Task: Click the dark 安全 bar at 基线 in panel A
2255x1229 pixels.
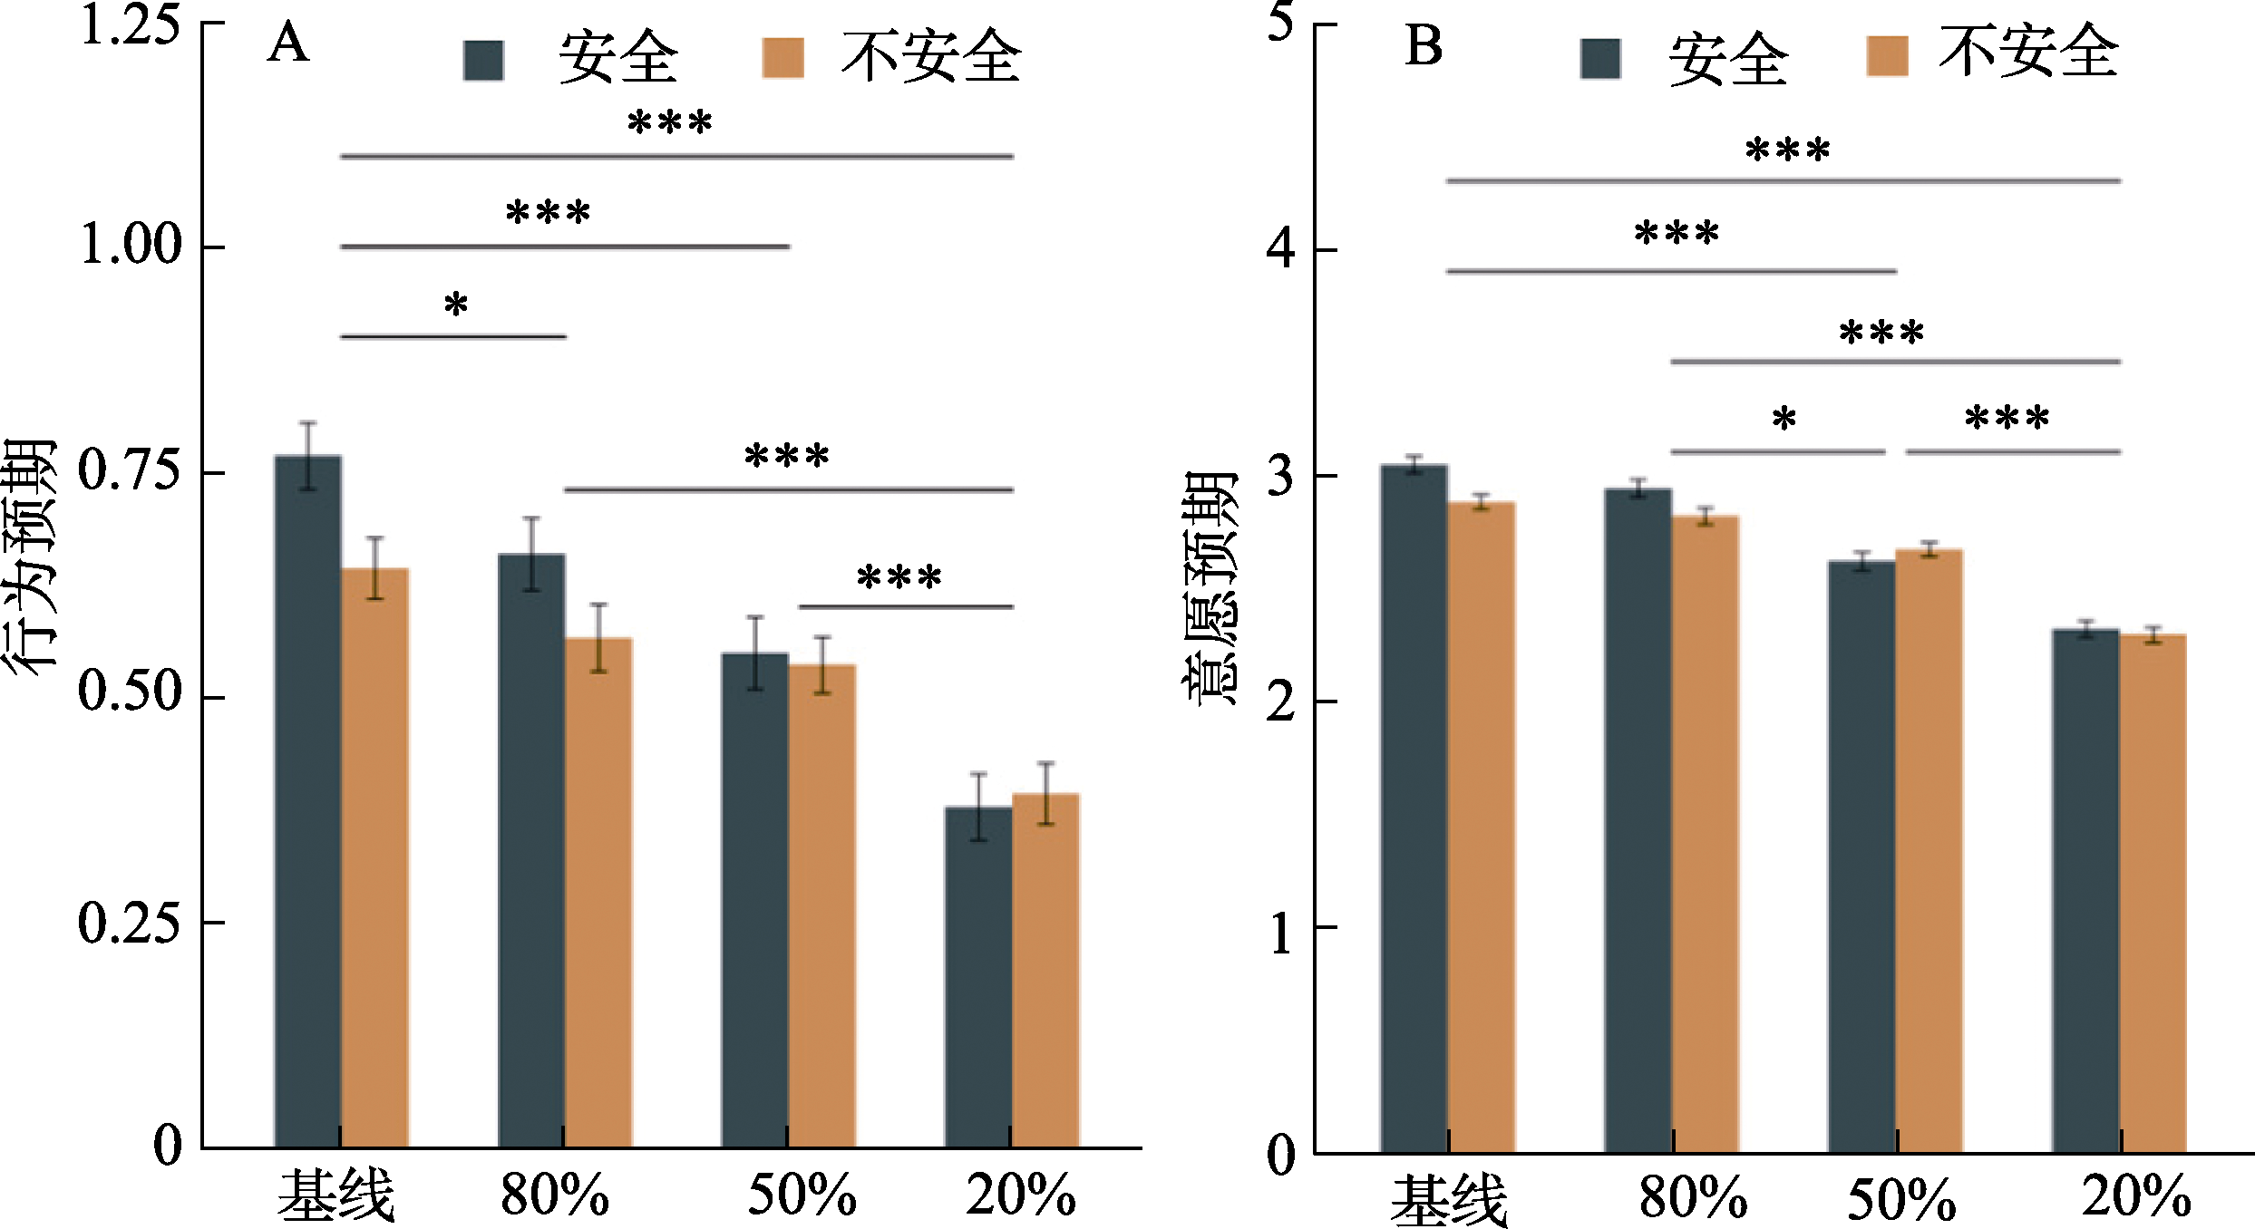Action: (308, 802)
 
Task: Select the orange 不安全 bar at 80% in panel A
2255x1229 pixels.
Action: (598, 893)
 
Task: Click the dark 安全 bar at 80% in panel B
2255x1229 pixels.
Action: (1638, 820)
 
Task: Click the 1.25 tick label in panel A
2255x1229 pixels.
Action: (130, 25)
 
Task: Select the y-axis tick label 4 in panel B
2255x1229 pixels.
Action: (1280, 249)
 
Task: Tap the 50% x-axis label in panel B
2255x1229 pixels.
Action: (1901, 1200)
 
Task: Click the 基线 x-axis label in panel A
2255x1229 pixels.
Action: (335, 1195)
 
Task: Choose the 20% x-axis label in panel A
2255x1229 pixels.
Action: (1021, 1195)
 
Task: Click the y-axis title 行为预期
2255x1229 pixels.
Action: (29, 557)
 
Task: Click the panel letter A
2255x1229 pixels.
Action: (287, 44)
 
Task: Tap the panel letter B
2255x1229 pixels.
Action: (1423, 47)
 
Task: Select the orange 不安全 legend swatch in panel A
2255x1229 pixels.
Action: (782, 58)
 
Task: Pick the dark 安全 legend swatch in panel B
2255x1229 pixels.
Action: (1600, 59)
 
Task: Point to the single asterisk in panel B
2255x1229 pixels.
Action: (1784, 420)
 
